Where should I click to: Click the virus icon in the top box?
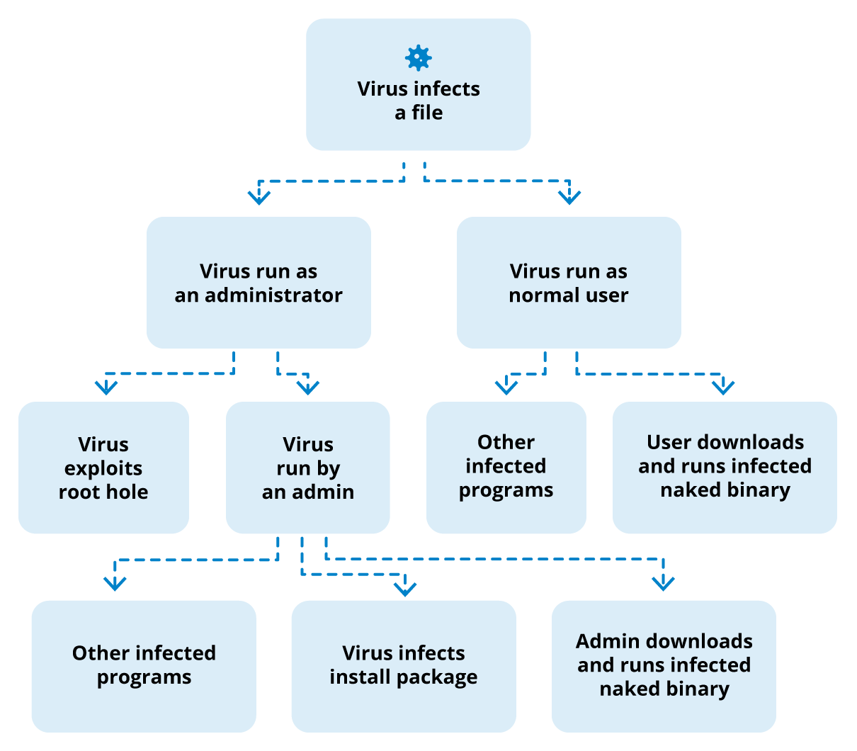point(418,58)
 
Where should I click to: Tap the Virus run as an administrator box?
point(259,283)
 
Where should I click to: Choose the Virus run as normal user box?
point(569,283)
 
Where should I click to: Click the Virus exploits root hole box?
point(103,468)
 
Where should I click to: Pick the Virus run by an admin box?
point(307,468)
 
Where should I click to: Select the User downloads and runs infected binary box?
point(725,468)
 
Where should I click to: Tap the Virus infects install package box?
point(403,666)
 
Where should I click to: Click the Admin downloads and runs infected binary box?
point(664,666)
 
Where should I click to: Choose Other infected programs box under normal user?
point(506,468)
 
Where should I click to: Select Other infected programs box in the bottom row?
point(144,666)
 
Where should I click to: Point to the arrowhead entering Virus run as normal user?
point(569,197)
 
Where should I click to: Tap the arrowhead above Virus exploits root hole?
point(106,387)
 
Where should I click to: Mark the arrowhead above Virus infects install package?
point(405,589)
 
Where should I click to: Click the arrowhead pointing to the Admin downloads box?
point(663,583)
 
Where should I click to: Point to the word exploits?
point(103,468)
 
